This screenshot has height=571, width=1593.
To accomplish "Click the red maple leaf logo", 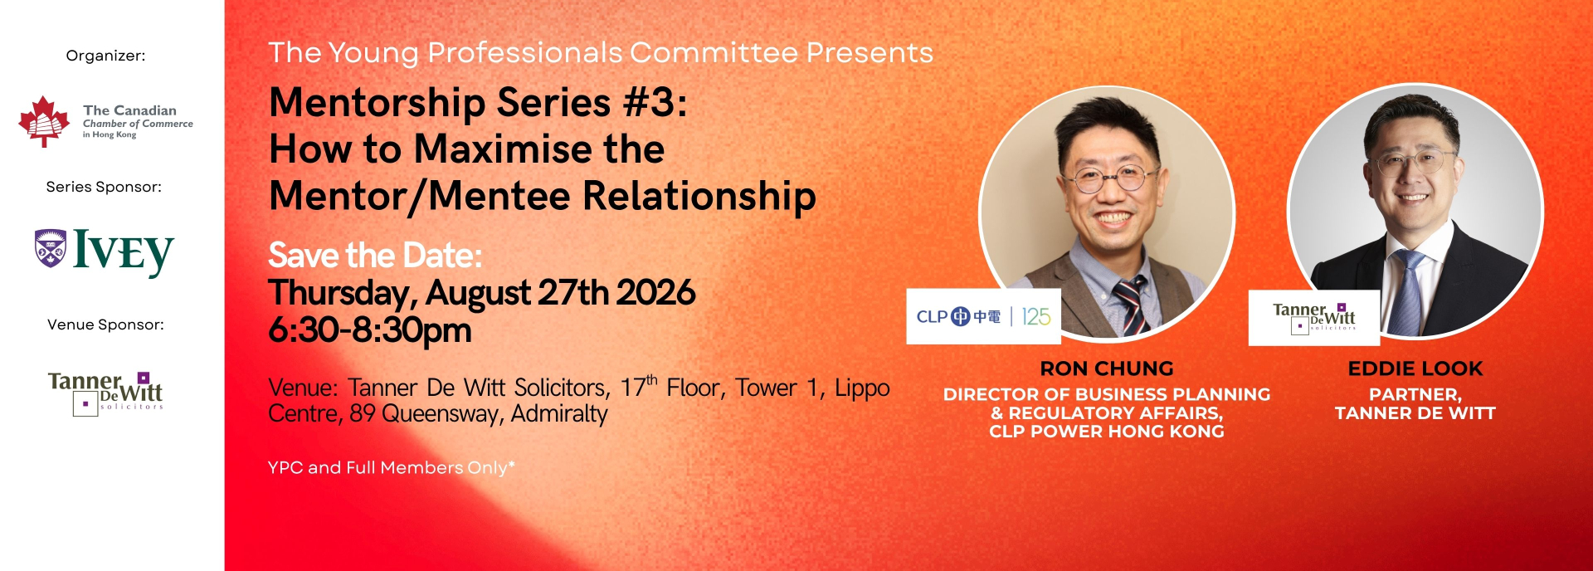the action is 44,121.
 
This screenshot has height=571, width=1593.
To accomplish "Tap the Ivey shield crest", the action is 51,247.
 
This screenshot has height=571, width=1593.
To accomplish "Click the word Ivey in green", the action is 124,252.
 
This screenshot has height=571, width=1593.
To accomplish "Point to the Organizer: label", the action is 105,56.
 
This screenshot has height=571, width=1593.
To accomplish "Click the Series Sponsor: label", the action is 104,187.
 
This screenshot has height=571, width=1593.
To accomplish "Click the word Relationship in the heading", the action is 699,197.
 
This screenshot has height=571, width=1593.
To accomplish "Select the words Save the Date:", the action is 375,255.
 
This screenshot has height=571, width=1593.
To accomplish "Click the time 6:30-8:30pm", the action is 370,330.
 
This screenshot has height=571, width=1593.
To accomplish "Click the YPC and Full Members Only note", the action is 392,467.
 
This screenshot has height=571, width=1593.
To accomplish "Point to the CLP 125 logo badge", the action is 983,316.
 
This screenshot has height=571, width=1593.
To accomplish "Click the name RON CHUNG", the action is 1107,368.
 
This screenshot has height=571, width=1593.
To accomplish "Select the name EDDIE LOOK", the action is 1415,368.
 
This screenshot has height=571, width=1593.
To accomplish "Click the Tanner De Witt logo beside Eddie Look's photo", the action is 1314,317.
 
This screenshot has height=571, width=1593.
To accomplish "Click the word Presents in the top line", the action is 870,52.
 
